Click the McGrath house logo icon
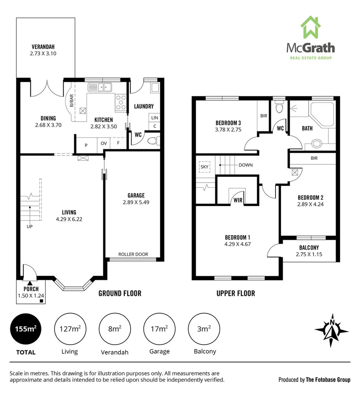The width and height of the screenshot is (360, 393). click(x=311, y=28)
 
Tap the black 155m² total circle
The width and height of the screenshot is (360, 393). click(x=25, y=329)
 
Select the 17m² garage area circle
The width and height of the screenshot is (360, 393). click(x=159, y=329)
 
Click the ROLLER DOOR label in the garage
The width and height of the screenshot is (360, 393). click(x=133, y=254)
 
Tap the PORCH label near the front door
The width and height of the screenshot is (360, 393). click(x=31, y=289)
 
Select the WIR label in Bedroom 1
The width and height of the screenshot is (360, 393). click(x=238, y=200)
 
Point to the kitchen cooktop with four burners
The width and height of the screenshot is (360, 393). click(x=120, y=102)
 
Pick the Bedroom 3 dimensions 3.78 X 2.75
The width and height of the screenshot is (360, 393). click(x=228, y=129)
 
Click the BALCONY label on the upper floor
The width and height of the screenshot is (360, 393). click(x=310, y=247)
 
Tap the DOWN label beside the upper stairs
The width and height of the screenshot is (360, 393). click(x=245, y=165)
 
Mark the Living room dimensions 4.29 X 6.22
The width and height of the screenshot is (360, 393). click(x=69, y=219)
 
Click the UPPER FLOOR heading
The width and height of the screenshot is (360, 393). click(x=236, y=293)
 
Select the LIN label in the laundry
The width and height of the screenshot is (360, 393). click(x=155, y=118)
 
